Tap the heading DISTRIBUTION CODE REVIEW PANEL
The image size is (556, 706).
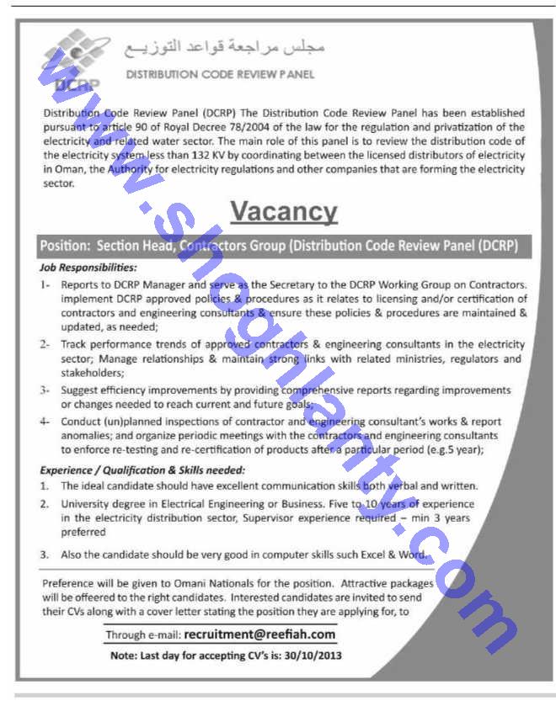[220, 74]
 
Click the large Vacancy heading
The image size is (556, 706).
[284, 210]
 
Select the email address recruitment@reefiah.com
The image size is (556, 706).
[259, 634]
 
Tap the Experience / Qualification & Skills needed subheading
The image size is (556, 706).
[142, 470]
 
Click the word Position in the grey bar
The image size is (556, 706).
[64, 246]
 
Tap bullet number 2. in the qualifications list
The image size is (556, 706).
[45, 503]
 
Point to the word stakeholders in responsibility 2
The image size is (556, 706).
[93, 372]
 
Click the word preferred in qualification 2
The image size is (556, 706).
[83, 532]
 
